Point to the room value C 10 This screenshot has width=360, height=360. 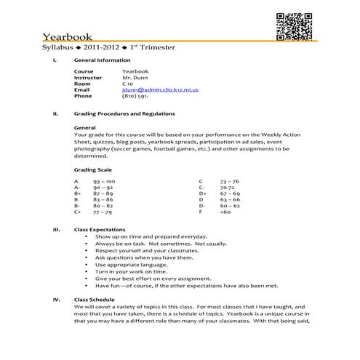point(128,84)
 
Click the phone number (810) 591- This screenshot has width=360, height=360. point(136,96)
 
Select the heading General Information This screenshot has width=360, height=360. point(103,60)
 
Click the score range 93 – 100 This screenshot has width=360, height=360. point(104,181)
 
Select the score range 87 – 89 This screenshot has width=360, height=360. point(103,193)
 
